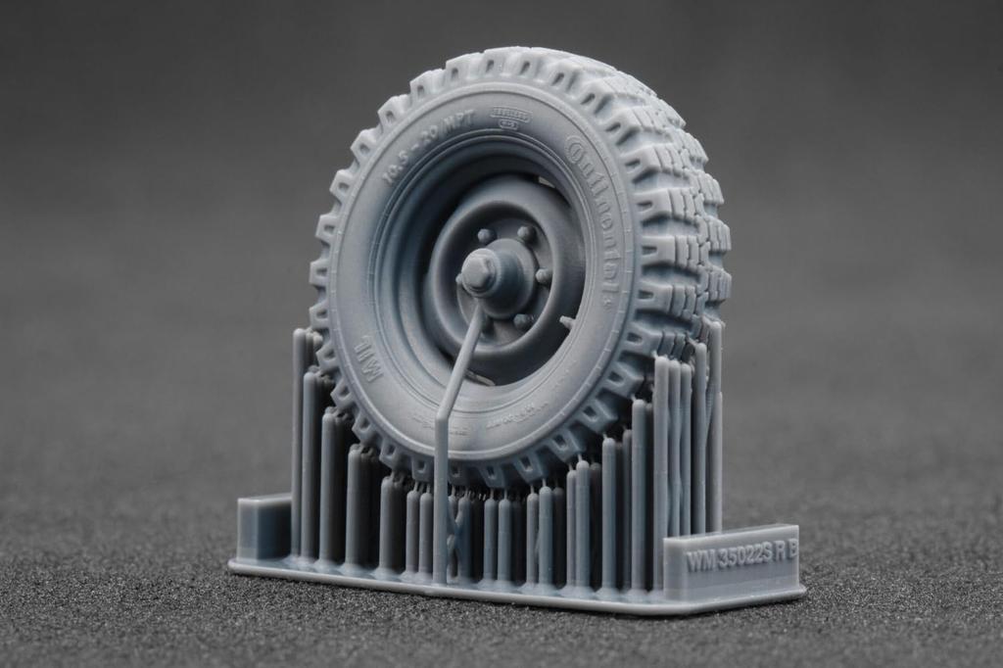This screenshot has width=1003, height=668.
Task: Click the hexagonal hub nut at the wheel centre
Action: (478, 270)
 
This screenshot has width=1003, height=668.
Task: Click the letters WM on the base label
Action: (699, 562)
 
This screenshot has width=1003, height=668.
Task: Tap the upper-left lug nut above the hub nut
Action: (484, 236)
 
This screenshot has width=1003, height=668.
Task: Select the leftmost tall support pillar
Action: (298, 441)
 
